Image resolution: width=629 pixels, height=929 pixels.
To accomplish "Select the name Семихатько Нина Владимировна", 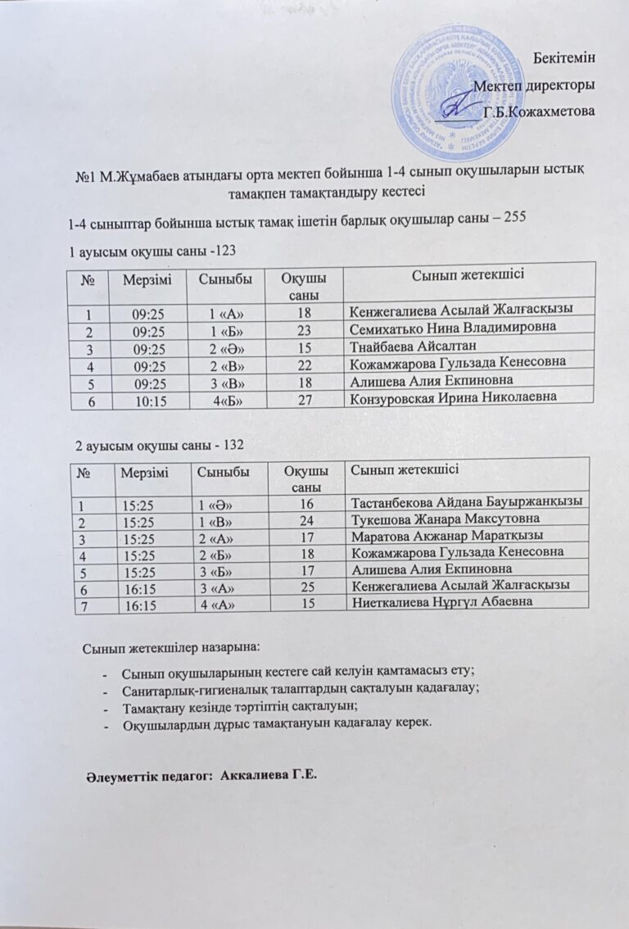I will [452, 327].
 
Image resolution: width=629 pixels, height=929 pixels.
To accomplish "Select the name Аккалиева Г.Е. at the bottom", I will [269, 775].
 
